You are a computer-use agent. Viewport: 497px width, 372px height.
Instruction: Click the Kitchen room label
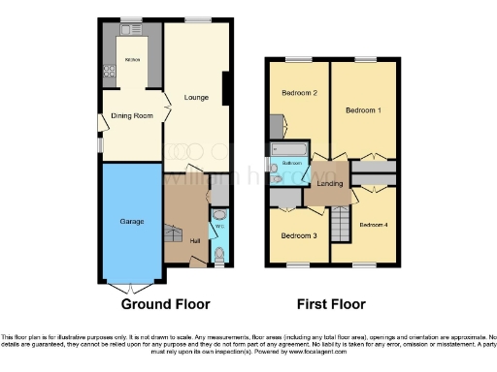point(132,60)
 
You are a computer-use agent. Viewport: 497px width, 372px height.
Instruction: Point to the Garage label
point(132,222)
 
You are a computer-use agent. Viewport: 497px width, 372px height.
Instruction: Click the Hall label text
point(195,240)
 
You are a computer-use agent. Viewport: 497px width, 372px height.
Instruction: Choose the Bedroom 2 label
point(300,93)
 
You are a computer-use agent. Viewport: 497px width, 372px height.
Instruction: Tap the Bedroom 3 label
point(299,235)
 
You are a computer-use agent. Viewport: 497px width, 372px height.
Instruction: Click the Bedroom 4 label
point(373,225)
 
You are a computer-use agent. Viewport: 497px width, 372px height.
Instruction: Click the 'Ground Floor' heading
point(165,304)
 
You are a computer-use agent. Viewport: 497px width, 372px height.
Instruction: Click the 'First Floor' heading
point(332,304)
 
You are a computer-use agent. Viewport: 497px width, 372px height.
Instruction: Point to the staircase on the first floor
point(340,228)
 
